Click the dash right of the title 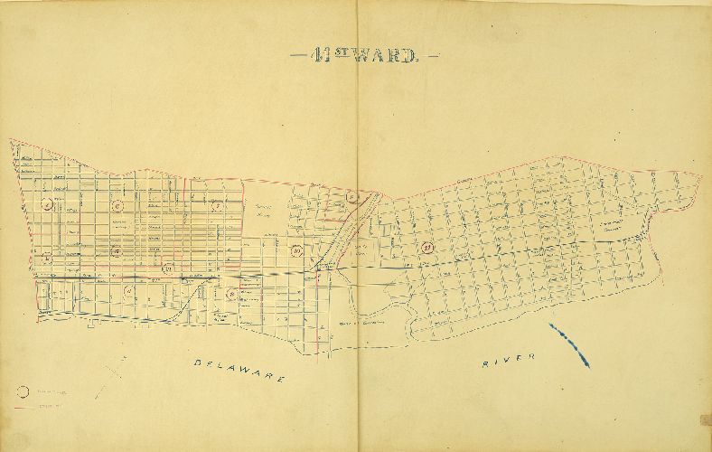(432, 57)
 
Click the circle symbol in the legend (24, 391)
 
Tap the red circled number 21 (428, 246)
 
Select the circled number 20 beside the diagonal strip (296, 250)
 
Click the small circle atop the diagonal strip (353, 197)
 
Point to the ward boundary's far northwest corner (11, 140)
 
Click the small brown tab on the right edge (706, 419)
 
